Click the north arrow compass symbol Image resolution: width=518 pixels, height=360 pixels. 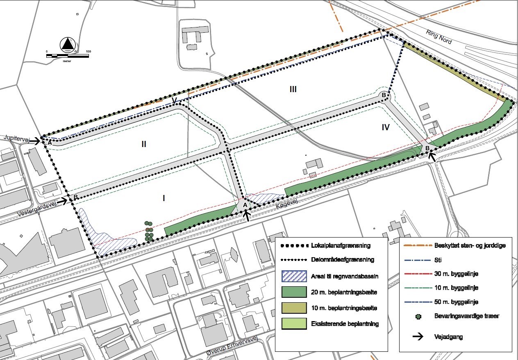point(68,44)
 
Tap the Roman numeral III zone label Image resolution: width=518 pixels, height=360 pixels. point(293,89)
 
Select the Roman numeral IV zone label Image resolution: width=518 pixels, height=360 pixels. point(385,127)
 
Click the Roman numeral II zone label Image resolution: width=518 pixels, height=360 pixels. point(144,144)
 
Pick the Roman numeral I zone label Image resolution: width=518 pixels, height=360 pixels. point(164,198)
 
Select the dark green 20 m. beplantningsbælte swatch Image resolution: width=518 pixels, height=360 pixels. point(294,292)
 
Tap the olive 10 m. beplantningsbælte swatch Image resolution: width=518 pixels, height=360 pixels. point(294,308)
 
